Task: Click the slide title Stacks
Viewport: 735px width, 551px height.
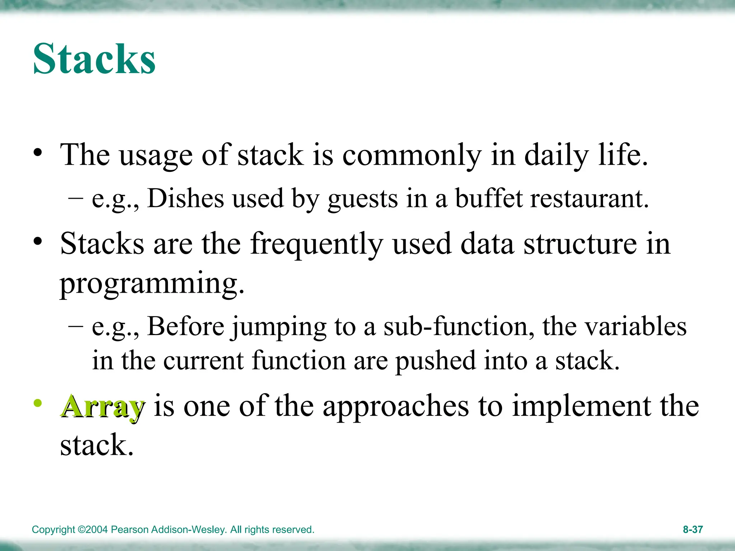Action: (x=94, y=59)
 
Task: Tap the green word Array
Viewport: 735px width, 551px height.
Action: (x=103, y=407)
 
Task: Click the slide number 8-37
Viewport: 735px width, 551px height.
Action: (x=692, y=529)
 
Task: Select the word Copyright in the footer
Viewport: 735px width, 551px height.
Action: (x=53, y=530)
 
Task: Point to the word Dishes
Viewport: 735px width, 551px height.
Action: (x=185, y=198)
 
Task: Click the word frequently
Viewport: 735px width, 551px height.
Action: (x=317, y=244)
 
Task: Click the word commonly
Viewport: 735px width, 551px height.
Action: (x=412, y=155)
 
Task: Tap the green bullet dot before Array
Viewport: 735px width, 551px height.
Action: (x=38, y=403)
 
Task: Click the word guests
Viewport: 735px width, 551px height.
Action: (x=362, y=199)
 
